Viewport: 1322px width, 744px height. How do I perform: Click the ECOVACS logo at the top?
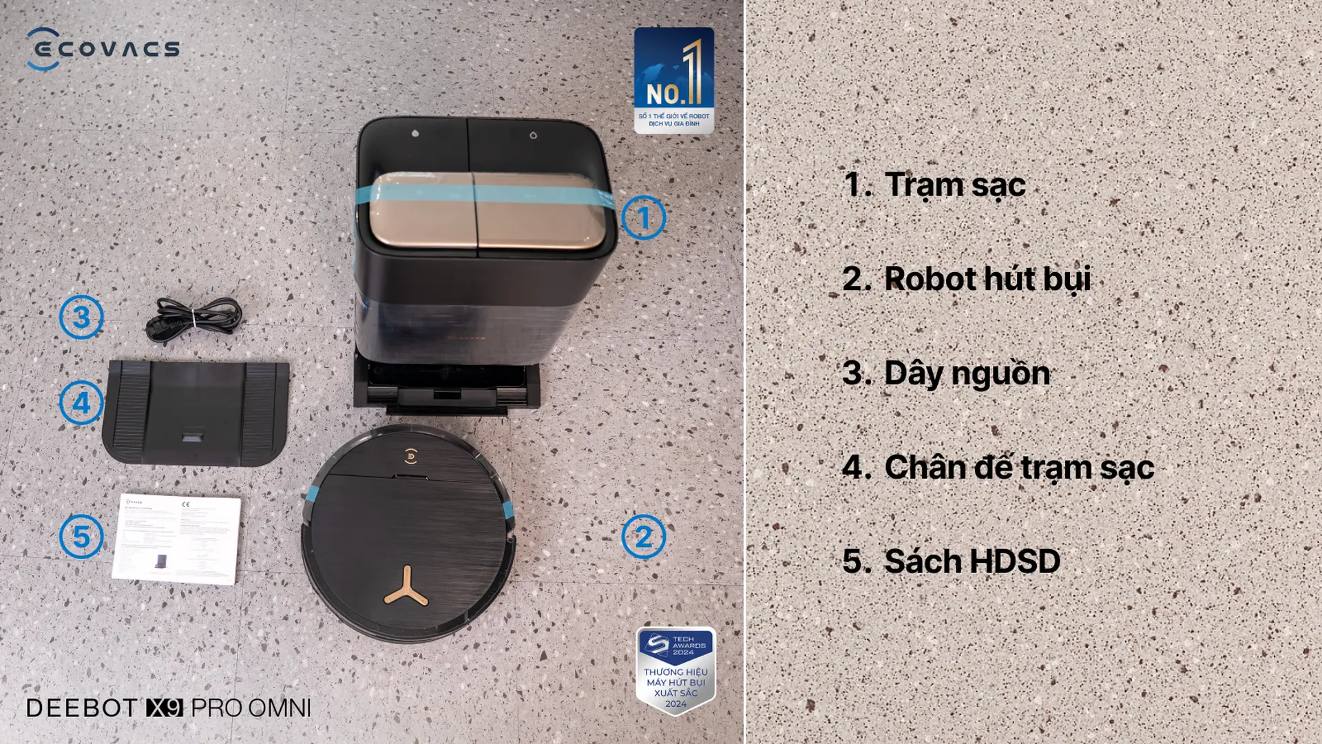tap(103, 49)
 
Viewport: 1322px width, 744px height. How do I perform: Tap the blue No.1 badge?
tap(673, 80)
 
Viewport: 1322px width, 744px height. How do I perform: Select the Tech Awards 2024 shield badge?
tap(675, 670)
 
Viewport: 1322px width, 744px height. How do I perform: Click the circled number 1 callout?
tap(643, 218)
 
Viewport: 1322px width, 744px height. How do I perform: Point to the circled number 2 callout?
tap(643, 537)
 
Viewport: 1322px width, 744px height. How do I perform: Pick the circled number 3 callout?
tap(81, 317)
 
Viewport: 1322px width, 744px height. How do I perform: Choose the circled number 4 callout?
tap(81, 403)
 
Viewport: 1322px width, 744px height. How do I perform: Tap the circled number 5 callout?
tap(81, 537)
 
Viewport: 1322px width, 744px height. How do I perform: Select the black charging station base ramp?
tap(196, 412)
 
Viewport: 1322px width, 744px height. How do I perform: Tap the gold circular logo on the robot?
tap(410, 455)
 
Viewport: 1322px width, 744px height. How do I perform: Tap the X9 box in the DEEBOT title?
tap(165, 707)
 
